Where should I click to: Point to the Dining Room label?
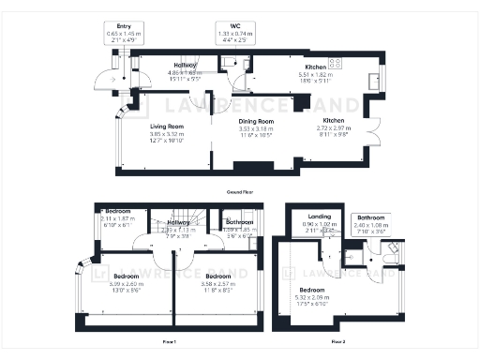tap(254, 122)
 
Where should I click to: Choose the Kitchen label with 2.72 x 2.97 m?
tap(335, 121)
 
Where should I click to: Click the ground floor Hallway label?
tap(186, 65)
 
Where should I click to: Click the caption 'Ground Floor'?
tap(240, 191)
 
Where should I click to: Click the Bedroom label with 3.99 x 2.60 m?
tap(127, 277)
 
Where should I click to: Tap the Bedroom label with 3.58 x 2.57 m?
tap(218, 277)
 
